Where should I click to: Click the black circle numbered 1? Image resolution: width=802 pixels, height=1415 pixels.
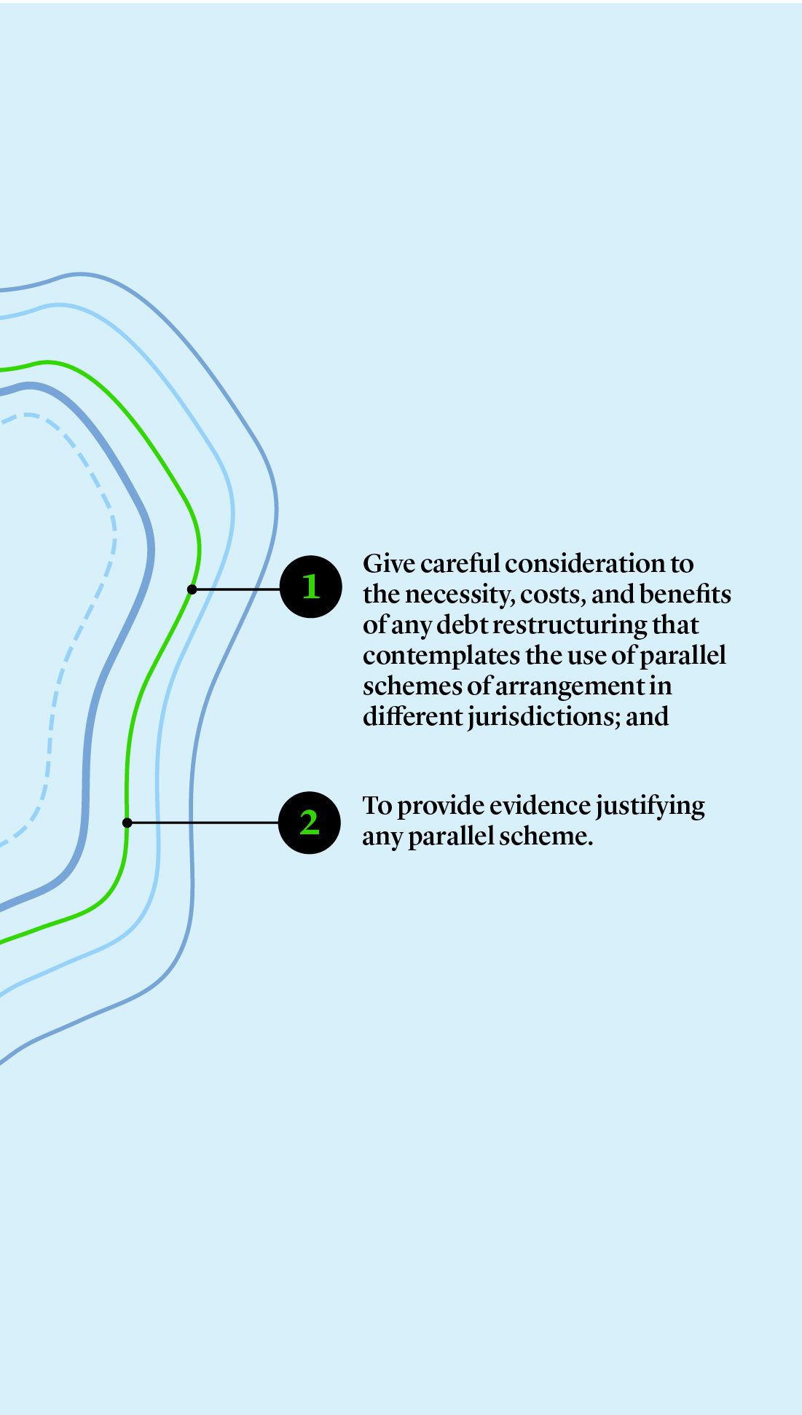tap(311, 587)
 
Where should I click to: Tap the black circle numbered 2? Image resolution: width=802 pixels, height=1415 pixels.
tap(310, 823)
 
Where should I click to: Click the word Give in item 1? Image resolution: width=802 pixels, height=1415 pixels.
tap(388, 564)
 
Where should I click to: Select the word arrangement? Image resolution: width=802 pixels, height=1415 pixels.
tap(570, 687)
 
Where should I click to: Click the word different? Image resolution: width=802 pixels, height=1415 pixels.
tap(412, 717)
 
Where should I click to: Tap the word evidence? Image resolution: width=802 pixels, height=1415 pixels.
tap(540, 806)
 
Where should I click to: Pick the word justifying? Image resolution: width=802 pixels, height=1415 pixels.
tap(650, 807)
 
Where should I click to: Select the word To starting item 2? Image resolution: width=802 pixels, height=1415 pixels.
tap(377, 806)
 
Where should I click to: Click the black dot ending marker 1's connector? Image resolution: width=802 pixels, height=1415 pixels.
tap(192, 589)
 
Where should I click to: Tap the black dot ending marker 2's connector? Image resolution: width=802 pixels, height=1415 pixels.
tap(127, 823)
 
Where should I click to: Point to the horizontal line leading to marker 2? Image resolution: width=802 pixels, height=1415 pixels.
tap(204, 823)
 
